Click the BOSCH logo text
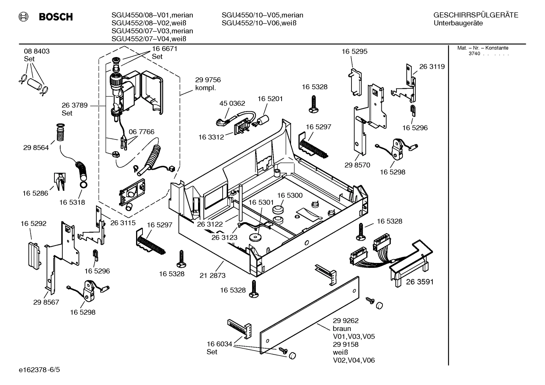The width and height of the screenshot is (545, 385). (56, 17)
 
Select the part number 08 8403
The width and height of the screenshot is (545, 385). (37, 51)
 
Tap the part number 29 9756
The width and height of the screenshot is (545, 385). (208, 80)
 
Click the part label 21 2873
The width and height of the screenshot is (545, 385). (212, 275)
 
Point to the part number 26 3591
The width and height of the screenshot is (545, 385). (420, 282)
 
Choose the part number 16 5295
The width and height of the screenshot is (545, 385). (354, 51)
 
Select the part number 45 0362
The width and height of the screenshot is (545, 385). (232, 103)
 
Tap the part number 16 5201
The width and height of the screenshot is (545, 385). (270, 99)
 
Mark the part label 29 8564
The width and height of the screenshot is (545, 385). (36, 148)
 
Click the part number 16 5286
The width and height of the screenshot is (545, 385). (35, 193)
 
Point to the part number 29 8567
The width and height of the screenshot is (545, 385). (46, 302)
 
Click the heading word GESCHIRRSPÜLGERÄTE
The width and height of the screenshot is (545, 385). (475, 15)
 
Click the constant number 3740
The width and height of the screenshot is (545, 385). (474, 54)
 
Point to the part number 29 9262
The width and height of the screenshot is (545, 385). (345, 321)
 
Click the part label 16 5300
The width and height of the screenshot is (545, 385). (290, 195)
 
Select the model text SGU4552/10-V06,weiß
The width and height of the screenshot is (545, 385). (259, 23)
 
